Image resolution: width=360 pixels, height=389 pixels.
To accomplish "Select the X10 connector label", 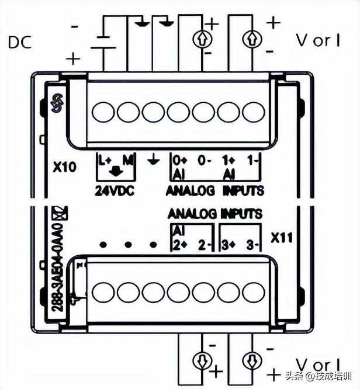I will (x=64, y=168).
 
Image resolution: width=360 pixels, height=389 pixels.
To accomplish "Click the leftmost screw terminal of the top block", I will (x=102, y=111).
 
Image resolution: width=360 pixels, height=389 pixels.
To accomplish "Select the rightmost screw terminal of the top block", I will (x=253, y=111).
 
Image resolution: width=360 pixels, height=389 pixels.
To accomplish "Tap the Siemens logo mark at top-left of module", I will (x=57, y=103).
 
